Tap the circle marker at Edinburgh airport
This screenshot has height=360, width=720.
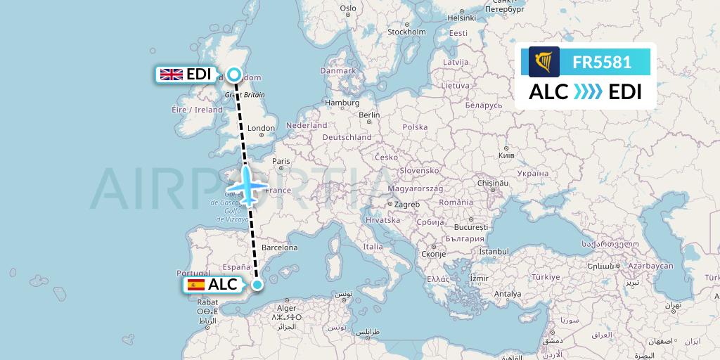coord(233,75)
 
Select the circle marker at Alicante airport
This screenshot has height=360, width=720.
coord(257,285)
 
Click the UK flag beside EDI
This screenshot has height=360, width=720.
coord(171,75)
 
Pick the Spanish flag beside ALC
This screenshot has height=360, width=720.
coord(195,285)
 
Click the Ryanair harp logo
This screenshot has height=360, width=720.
coord(544,62)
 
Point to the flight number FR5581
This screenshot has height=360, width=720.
coord(602,63)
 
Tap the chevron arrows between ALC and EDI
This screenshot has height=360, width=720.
coord(589,92)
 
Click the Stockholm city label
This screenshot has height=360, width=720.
coord(407,32)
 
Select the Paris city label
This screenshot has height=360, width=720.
coord(281,161)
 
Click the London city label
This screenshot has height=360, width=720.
coord(261,129)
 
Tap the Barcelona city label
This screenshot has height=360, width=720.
coord(279,247)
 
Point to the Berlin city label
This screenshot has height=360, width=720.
coord(369,115)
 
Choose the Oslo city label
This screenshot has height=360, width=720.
coord(348,8)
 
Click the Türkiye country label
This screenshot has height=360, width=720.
coord(545,277)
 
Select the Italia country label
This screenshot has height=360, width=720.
coord(373,247)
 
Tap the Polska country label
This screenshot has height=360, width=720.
coord(415,127)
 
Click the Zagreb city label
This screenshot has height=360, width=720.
coord(407,205)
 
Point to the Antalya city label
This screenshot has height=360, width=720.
coord(507,294)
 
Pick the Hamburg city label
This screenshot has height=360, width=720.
coord(342,103)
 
